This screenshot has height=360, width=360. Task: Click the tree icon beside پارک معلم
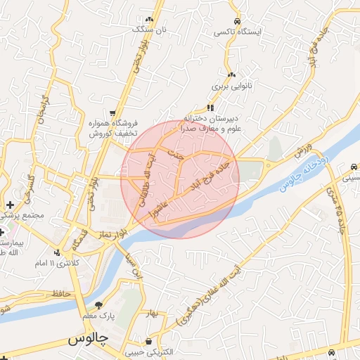98,305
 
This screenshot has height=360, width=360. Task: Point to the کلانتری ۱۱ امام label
59,263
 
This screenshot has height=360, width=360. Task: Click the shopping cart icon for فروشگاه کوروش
112,112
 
